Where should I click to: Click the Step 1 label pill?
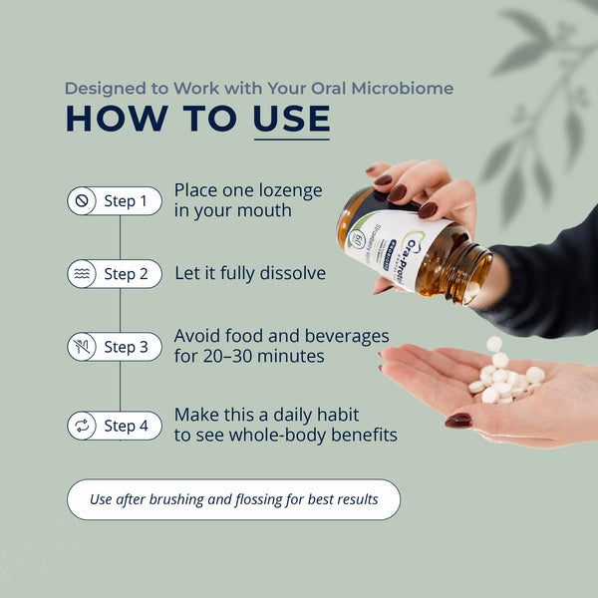(x=114, y=201)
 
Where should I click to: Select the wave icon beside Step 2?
(x=82, y=274)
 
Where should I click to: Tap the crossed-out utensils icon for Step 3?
(x=82, y=347)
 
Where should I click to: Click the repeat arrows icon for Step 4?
(x=82, y=426)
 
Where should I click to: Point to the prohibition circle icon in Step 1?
(x=82, y=201)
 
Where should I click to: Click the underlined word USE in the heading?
(x=291, y=119)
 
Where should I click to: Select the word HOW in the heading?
(x=109, y=119)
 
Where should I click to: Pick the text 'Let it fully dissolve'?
(x=249, y=273)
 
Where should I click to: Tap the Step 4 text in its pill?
(x=126, y=426)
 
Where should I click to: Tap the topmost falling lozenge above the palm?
(x=494, y=344)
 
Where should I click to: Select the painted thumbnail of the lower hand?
(x=457, y=421)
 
